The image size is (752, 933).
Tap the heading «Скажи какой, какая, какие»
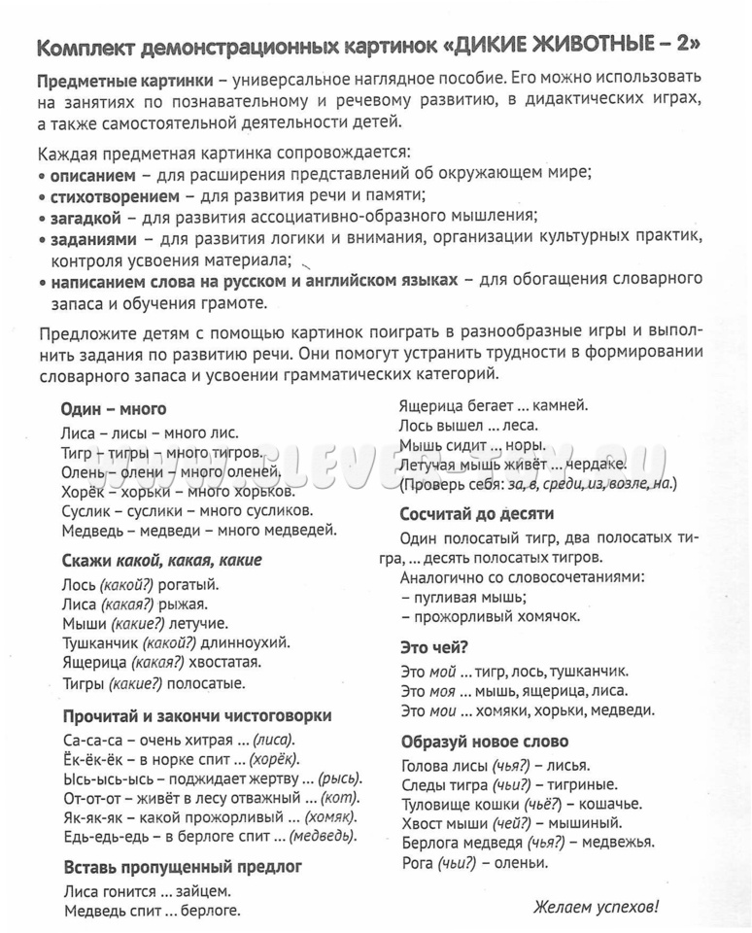click(161, 561)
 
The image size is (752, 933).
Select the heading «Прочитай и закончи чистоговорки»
click(197, 715)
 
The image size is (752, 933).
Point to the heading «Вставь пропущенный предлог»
click(183, 866)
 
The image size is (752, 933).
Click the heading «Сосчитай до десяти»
click(476, 513)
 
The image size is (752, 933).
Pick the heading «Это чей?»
click(434, 646)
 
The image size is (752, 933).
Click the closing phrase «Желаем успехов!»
click(596, 908)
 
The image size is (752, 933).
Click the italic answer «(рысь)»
click(340, 778)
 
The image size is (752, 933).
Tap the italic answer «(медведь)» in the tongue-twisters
click(323, 835)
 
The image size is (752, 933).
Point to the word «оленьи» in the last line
click(523, 861)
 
